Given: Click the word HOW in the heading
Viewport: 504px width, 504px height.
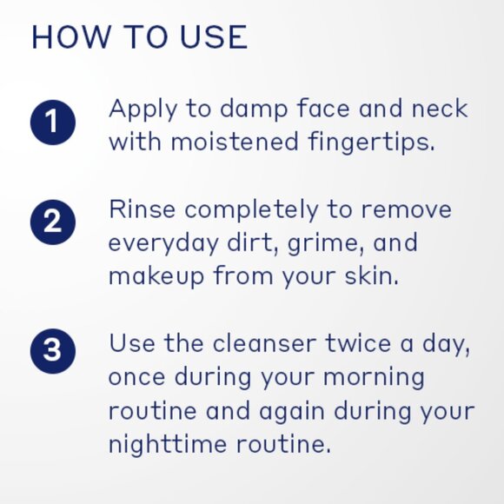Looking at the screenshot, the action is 70,36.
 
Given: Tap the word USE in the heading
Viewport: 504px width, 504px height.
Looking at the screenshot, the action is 214,36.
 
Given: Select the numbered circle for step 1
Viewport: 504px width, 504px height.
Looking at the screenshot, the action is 53,123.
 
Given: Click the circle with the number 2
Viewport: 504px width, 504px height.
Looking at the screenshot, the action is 53,222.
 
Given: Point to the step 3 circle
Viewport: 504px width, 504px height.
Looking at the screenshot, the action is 53,351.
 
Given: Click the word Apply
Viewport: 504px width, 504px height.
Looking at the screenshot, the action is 143,110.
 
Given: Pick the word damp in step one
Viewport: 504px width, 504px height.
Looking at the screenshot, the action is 254,109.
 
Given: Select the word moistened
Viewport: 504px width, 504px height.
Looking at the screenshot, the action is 235,141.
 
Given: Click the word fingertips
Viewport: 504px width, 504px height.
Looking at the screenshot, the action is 371,143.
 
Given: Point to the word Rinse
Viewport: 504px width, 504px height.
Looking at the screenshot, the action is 142,209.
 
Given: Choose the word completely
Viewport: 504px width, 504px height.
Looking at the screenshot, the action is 251,210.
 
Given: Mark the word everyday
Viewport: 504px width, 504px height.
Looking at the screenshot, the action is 164,243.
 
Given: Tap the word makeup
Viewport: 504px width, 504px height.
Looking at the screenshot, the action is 156,276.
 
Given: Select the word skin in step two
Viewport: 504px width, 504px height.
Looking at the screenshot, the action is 371,275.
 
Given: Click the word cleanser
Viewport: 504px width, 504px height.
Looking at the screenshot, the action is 264,343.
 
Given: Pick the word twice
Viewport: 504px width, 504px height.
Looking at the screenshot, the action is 358,343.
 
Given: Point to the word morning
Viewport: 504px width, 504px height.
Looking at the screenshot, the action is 374,378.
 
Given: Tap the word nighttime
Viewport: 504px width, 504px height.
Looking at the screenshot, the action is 168,445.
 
